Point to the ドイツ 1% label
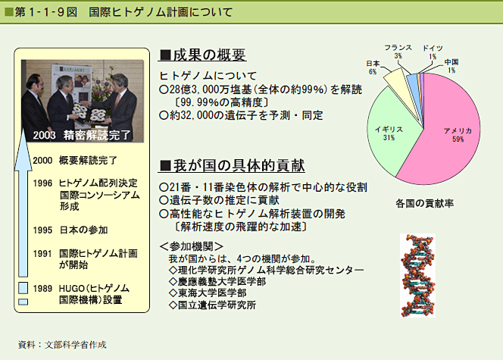click(433, 52)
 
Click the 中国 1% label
click(451, 66)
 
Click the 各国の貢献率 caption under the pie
click(424, 203)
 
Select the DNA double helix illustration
click(417, 275)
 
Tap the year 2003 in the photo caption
click(44, 135)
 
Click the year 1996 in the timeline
click(42, 183)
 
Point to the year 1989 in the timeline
click(42, 289)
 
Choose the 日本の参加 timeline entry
click(84, 230)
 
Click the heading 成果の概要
click(203, 55)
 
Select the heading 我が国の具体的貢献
click(233, 166)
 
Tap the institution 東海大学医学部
click(208, 293)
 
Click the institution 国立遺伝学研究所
click(213, 305)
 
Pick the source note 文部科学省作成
click(76, 345)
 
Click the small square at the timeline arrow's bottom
click(23, 302)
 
